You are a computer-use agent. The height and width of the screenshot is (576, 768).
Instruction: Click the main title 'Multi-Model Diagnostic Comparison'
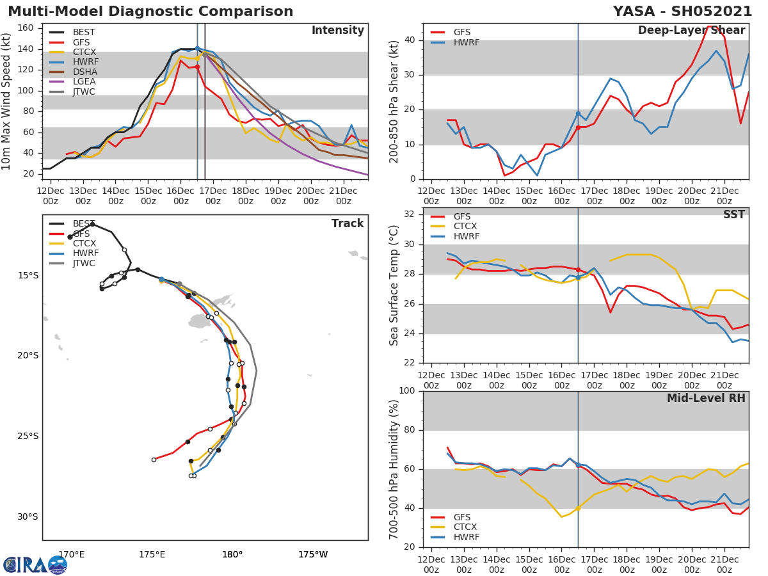point(150,12)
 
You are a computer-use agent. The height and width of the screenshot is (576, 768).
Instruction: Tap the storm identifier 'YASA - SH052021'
point(682,12)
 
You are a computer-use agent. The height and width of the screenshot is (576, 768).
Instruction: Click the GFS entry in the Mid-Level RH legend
point(462,517)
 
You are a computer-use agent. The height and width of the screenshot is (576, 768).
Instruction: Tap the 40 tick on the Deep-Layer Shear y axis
point(411,40)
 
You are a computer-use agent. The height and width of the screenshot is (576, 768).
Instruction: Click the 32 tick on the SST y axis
point(411,214)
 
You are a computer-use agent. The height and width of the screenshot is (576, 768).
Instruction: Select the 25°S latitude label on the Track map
point(28,436)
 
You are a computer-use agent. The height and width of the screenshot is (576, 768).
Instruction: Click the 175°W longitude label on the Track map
point(312,554)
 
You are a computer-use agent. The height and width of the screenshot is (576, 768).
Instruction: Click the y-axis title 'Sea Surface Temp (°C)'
point(394,285)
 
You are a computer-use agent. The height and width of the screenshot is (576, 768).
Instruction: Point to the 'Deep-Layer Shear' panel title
point(691,31)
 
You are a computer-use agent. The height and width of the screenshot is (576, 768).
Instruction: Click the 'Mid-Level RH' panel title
point(706,398)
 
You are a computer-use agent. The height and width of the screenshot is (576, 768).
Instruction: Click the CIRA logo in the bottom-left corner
point(35,565)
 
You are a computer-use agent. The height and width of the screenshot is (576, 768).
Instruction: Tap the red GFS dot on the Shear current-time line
point(578,127)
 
